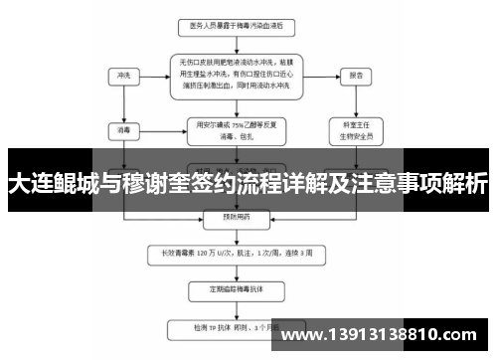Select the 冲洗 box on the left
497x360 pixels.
[x=123, y=75]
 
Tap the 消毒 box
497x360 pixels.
[x=123, y=128]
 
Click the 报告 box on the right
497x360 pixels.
[x=355, y=75]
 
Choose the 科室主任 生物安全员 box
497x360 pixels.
[x=355, y=130]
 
